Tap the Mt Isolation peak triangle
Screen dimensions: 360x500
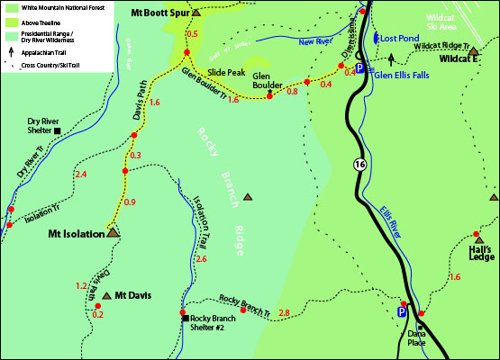click(x=113, y=231)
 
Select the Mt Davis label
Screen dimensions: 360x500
click(x=132, y=295)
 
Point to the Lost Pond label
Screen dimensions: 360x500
click(x=400, y=40)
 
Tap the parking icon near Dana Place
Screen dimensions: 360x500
click(x=402, y=312)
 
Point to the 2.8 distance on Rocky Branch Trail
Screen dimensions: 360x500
click(x=285, y=312)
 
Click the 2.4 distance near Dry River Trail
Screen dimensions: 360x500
click(x=84, y=174)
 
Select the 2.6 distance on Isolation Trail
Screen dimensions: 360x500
click(x=201, y=259)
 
